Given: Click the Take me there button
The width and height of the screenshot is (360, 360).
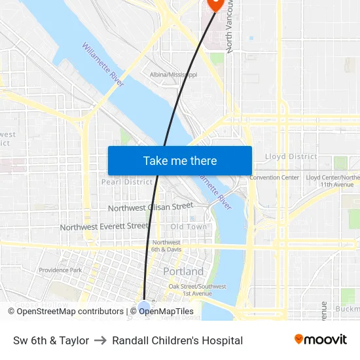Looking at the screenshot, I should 180,161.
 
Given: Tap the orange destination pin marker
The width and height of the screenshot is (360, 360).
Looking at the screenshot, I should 215,4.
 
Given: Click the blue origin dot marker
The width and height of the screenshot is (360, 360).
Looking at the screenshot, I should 144,306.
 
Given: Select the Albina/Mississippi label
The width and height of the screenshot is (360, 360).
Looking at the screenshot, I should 173,75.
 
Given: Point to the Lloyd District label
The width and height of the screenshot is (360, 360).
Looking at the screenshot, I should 291,156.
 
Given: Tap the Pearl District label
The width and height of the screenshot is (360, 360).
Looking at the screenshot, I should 126,182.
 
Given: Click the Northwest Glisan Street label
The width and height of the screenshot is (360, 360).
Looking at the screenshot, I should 151,207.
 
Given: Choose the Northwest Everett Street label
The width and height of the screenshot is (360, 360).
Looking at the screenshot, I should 104,226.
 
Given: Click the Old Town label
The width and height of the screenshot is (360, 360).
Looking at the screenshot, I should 189,226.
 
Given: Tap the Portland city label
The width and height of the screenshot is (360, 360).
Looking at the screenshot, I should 183,271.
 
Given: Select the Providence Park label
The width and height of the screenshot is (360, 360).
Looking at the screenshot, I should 60,270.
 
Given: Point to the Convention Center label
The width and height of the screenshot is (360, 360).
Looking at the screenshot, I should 274,177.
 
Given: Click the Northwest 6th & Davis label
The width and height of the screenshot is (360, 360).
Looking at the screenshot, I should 166,245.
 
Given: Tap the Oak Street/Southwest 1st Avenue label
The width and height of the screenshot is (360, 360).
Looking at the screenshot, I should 198,289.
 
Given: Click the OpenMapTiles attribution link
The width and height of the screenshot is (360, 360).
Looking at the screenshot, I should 166,312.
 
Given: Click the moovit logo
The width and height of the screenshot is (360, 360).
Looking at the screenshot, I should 321,340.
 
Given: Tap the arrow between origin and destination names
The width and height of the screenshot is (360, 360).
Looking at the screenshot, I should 101,340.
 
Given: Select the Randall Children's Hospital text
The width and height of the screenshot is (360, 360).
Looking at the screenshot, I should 177,340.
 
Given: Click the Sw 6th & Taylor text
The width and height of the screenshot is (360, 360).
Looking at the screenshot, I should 51,340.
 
